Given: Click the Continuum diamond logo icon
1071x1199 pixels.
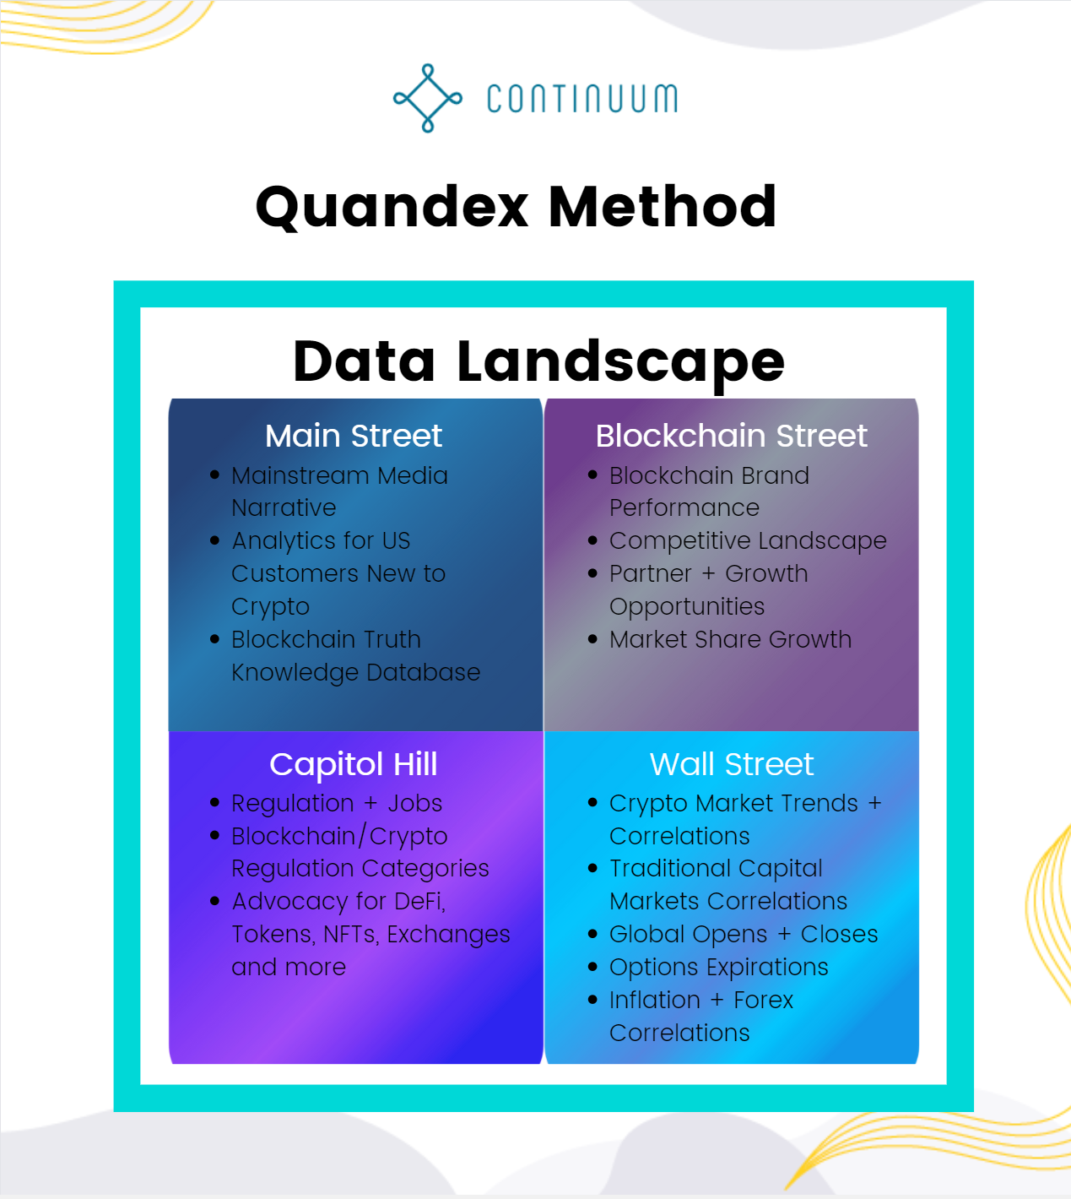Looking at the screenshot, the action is (428, 98).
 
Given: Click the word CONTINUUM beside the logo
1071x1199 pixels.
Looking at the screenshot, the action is (581, 99).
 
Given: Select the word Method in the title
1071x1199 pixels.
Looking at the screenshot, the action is (663, 207).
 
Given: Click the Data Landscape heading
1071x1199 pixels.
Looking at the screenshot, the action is (538, 361).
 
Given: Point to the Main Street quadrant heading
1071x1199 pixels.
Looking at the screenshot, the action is (354, 436).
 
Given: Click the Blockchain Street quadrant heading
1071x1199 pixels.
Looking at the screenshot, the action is (731, 436).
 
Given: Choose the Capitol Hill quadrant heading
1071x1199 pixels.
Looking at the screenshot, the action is (354, 764).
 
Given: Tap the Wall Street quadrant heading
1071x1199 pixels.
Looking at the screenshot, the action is (731, 764).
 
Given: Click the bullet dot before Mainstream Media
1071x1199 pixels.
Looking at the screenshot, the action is (214, 475).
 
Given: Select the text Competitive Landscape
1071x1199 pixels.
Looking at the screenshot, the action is (748, 540).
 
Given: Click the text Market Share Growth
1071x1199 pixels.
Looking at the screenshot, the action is (730, 639).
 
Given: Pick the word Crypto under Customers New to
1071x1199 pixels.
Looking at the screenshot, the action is (271, 607).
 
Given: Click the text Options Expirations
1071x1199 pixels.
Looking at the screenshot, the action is (719, 967).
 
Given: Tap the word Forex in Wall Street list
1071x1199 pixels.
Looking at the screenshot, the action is (763, 1000).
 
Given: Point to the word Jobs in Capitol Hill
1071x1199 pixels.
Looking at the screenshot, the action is (414, 803).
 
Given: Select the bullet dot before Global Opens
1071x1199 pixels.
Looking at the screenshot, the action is (592, 934).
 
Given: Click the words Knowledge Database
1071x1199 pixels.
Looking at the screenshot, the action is (355, 672).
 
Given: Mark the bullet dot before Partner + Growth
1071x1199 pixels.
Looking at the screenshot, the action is (592, 573).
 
